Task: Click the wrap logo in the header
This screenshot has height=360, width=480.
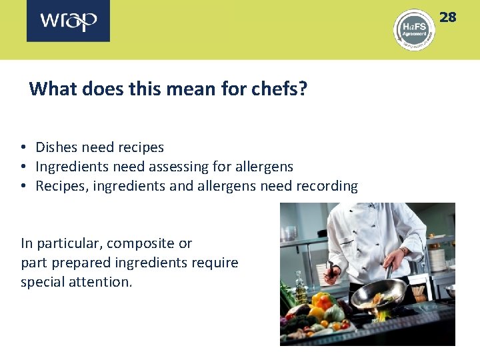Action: pos(68,21)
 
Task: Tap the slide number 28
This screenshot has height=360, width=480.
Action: pos(447,17)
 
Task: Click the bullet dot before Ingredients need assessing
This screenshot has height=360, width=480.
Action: pos(23,167)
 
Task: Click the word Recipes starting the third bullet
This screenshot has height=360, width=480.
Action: pos(60,186)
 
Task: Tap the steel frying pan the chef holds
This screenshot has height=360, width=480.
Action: pos(379,294)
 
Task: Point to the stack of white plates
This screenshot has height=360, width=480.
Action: pos(437,259)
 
